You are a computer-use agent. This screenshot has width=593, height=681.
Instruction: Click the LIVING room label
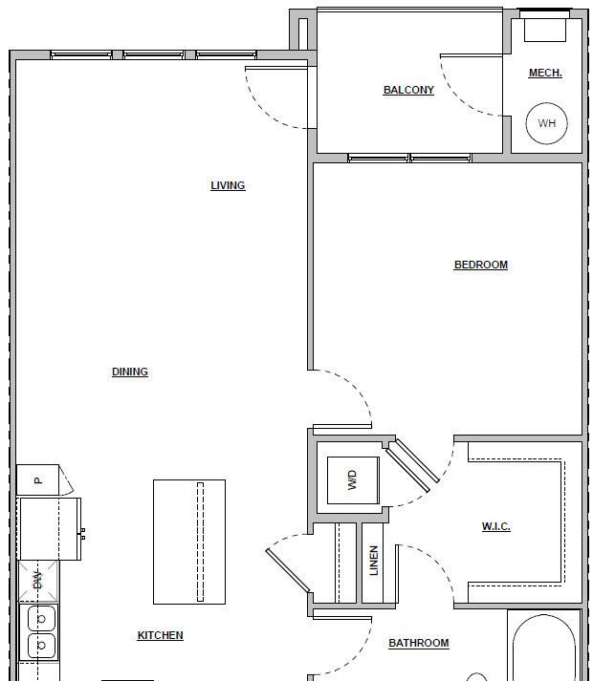coord(228,185)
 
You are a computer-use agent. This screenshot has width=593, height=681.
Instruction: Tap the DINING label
coord(130,372)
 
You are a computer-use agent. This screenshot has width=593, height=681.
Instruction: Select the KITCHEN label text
coord(160,635)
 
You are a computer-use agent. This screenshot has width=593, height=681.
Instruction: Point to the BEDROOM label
coord(481,265)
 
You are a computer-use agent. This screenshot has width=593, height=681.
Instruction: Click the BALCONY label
coord(408,90)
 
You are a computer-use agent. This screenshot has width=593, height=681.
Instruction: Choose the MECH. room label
coord(545,73)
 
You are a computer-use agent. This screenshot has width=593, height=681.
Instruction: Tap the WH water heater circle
coord(547,123)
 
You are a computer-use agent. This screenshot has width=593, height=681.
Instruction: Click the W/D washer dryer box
coord(353,480)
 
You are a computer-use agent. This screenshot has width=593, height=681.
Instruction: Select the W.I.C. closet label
coord(496,526)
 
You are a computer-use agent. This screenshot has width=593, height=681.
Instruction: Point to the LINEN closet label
coord(373,561)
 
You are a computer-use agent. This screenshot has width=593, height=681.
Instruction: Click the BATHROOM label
coord(419,643)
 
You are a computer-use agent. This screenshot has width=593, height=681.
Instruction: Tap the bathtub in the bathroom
coord(544,648)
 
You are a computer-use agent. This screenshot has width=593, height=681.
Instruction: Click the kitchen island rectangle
coord(189,542)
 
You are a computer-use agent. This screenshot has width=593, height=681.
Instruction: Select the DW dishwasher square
coord(38,581)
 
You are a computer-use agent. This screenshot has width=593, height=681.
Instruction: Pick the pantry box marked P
coord(37,479)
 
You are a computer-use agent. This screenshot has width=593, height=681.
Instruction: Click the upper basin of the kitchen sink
coord(42,619)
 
